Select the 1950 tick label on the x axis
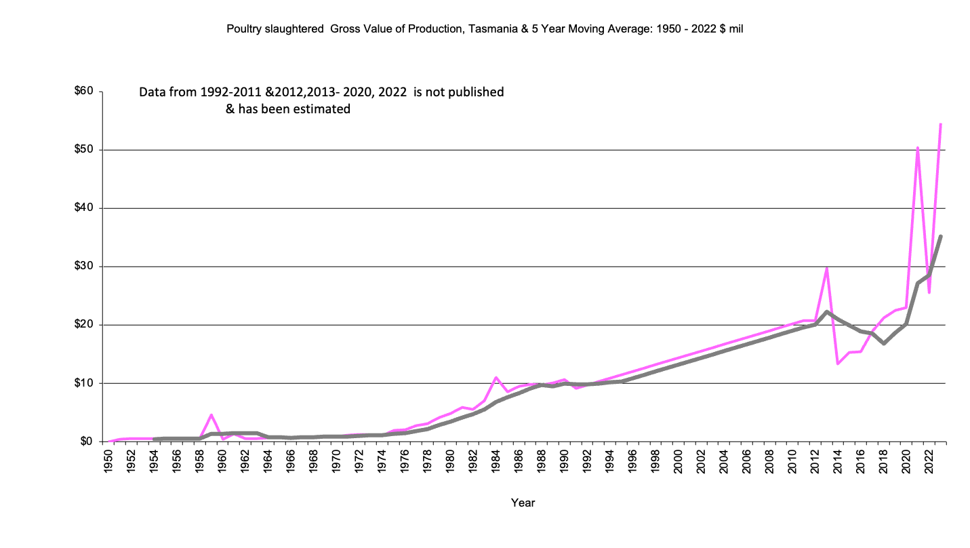click(x=108, y=461)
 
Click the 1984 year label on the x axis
click(x=496, y=461)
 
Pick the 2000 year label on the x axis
click(x=679, y=461)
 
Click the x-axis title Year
click(x=523, y=503)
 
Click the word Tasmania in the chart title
click(x=489, y=30)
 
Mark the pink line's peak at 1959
click(x=211, y=414)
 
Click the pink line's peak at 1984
click(x=496, y=377)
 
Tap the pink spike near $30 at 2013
click(x=827, y=268)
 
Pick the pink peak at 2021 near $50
click(x=918, y=147)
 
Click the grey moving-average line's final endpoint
click(x=941, y=236)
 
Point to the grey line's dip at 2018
click(x=884, y=343)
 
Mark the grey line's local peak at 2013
click(x=827, y=312)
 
